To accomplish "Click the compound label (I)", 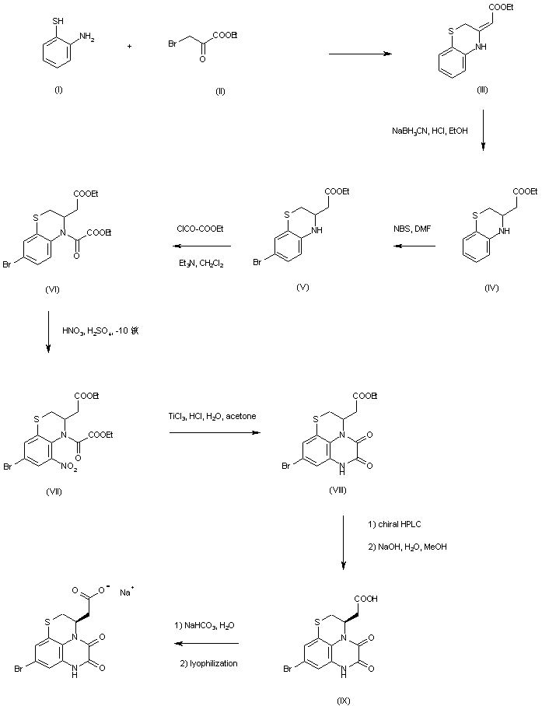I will click(58, 91).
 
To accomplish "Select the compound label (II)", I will click(220, 91).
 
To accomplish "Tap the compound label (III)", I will click(482, 91).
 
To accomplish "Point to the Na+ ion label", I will click(125, 592).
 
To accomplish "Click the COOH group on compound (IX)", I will click(369, 578).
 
